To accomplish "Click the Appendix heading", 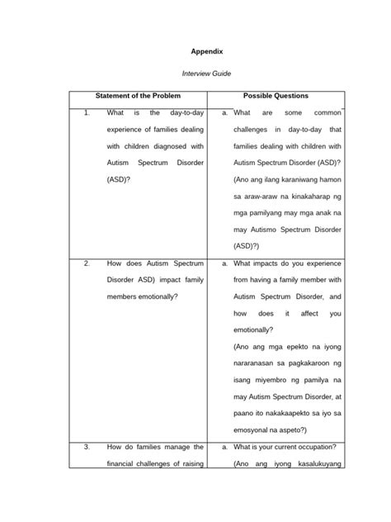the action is click(x=196, y=50).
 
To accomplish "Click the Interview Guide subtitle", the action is click(x=196, y=74).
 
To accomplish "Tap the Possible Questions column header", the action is click(x=276, y=97).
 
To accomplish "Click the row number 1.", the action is click(x=87, y=112).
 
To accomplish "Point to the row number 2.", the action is click(x=87, y=263).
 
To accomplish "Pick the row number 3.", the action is click(x=87, y=447).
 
